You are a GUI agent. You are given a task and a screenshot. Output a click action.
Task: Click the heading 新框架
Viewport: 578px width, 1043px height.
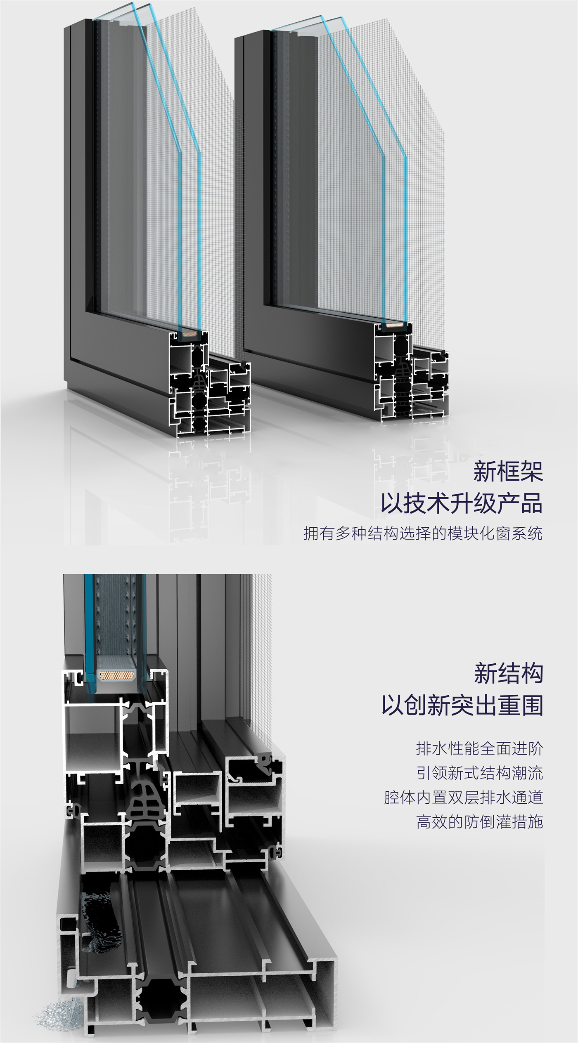tap(508, 471)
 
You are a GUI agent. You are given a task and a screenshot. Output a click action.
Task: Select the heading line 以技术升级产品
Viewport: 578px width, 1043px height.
tap(462, 503)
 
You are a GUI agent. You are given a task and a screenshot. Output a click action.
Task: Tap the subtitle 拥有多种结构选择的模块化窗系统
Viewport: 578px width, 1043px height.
tap(423, 533)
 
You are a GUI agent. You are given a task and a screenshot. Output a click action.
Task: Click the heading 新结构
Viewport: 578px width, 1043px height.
tap(508, 673)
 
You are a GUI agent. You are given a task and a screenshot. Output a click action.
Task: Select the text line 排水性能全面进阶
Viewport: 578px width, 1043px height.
tap(479, 748)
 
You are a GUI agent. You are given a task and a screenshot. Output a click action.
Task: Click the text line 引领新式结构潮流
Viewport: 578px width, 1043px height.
tap(479, 773)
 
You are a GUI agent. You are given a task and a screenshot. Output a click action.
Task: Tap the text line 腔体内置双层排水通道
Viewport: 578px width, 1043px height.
tap(463, 798)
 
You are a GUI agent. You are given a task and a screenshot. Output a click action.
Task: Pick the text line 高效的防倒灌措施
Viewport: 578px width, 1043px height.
tap(479, 822)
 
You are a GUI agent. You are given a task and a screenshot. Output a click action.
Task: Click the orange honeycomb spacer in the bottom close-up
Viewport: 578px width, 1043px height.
tap(117, 676)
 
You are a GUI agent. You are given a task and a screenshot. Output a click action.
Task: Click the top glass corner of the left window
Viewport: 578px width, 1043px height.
tap(133, 4)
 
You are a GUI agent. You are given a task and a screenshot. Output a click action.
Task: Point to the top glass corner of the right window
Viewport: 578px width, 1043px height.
tap(321, 17)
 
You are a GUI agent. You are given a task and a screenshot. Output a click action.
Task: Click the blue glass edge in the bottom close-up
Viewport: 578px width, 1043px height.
tap(88, 631)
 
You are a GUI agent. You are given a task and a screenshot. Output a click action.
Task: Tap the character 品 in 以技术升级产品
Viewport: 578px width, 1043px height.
tap(532, 503)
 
